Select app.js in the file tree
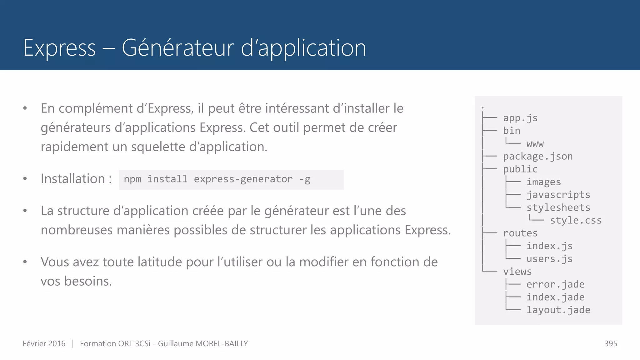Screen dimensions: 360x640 [520, 118]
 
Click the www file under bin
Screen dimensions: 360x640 [535, 144]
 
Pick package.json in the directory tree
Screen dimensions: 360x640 [537, 156]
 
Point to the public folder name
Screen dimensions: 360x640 [520, 169]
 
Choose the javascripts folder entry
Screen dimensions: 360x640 [558, 195]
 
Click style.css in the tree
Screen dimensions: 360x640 [576, 220]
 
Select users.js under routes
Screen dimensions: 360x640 [549, 259]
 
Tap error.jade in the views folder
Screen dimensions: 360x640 [555, 284]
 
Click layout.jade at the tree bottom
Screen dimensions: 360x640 [558, 310]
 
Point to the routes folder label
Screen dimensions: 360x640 [520, 233]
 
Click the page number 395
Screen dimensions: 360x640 [611, 343]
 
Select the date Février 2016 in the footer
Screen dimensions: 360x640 [44, 343]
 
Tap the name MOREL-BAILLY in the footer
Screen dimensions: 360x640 [222, 343]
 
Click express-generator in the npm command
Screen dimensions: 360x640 [243, 179]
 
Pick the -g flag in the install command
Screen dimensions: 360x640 [305, 179]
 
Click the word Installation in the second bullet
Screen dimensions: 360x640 [73, 179]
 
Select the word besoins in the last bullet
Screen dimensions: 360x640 [88, 281]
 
